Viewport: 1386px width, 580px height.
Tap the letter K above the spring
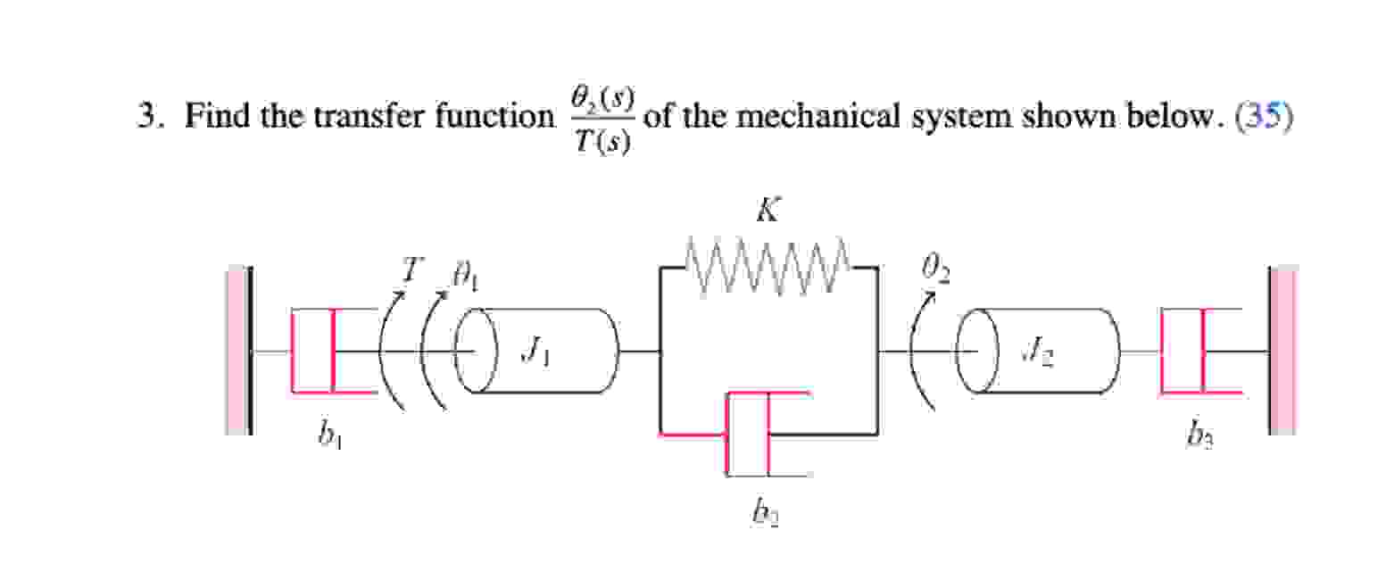(767, 211)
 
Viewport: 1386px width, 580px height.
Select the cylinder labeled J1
(539, 352)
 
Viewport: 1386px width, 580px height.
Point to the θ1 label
(466, 280)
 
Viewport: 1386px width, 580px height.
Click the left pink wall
(237, 351)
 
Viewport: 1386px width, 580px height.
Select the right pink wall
(1282, 351)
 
